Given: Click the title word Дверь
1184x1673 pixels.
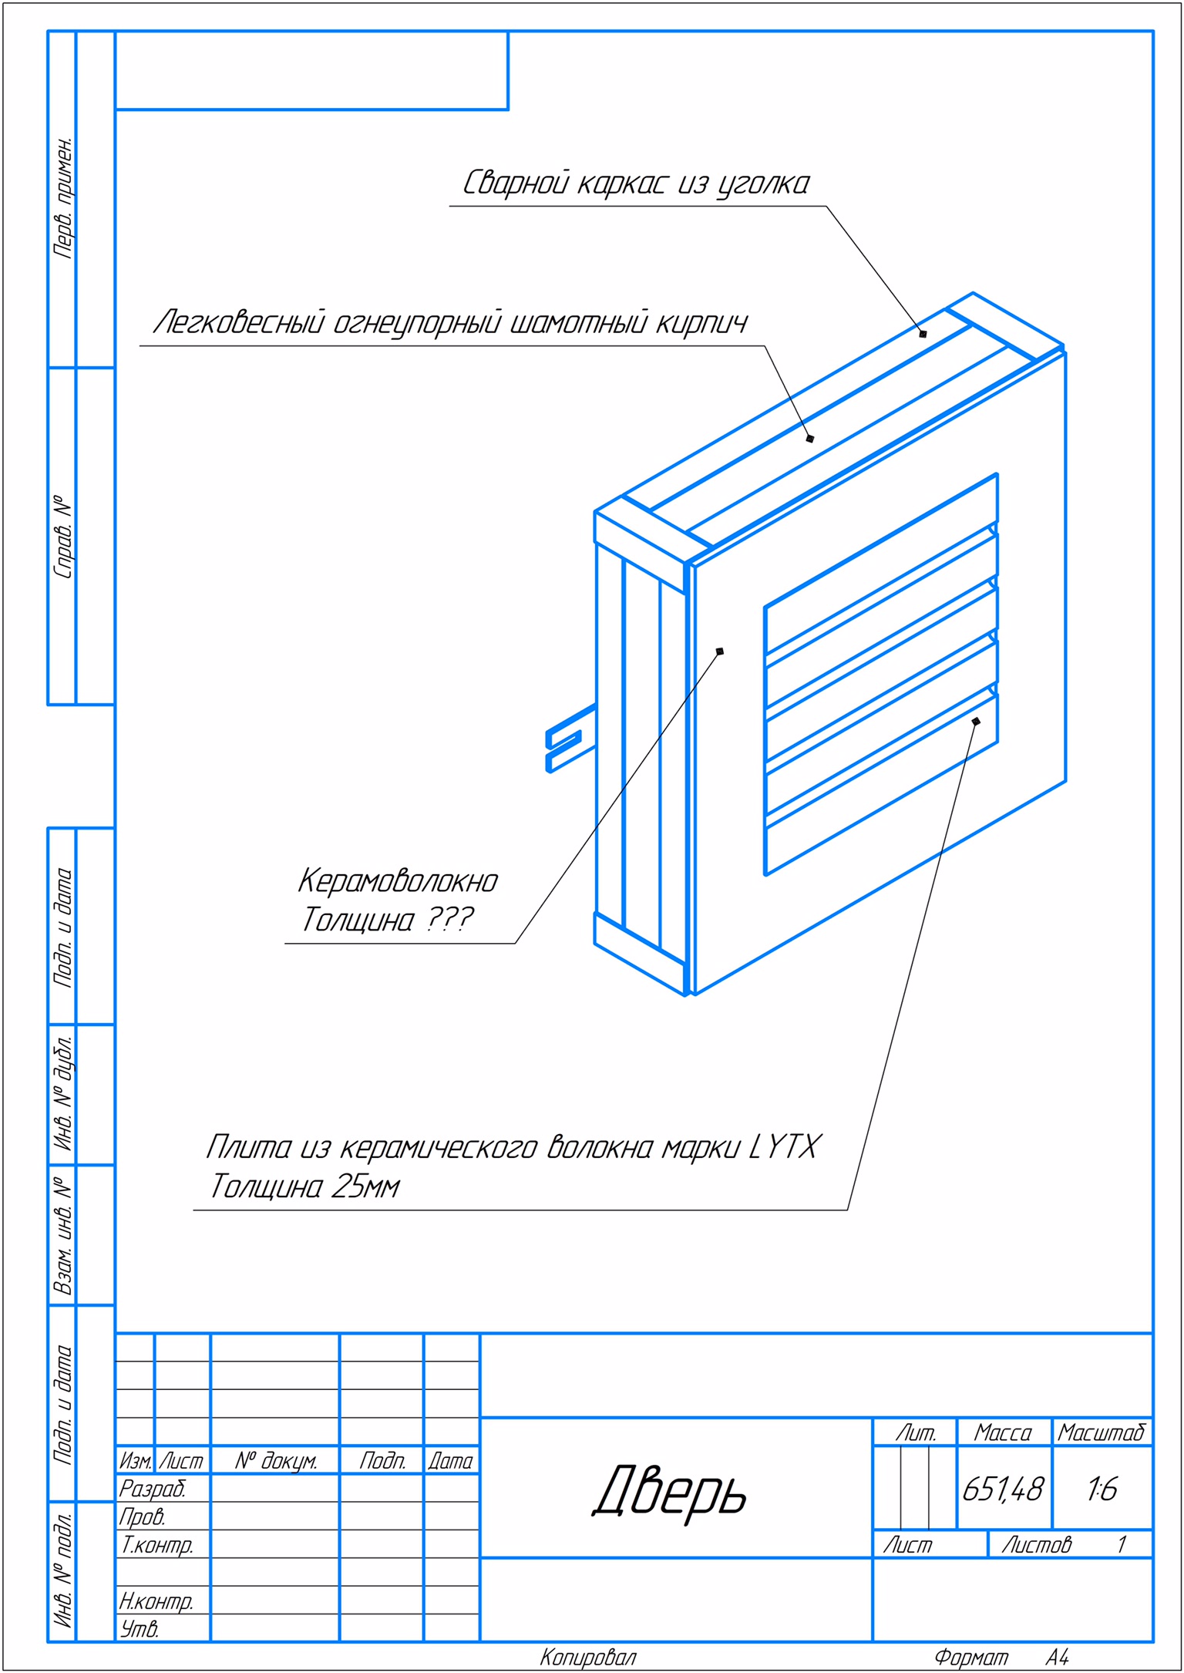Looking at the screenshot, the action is pyautogui.click(x=670, y=1489).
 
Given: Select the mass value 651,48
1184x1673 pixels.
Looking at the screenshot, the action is pyautogui.click(x=1003, y=1489).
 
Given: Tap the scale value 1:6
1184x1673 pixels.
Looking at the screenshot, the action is pyautogui.click(x=1102, y=1489).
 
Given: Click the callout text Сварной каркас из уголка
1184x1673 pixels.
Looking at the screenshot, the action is pyautogui.click(x=636, y=183).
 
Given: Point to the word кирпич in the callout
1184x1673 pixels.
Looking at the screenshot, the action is pyautogui.click(x=701, y=322).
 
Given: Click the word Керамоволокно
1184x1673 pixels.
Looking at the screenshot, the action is pyautogui.click(x=398, y=880).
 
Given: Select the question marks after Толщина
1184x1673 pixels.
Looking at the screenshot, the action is pyautogui.click(x=449, y=919).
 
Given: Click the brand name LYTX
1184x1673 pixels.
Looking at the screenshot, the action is pyautogui.click(x=785, y=1147).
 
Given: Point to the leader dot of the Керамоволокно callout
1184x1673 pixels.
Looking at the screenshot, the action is pyautogui.click(x=720, y=651).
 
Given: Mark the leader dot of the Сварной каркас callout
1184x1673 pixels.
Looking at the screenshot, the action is pyautogui.click(x=923, y=334).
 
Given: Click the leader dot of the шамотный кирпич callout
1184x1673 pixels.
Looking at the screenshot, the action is pyautogui.click(x=810, y=439).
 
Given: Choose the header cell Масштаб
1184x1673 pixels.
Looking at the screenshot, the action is pyautogui.click(x=1102, y=1432).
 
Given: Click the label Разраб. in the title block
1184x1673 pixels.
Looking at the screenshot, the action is pyautogui.click(x=152, y=1489).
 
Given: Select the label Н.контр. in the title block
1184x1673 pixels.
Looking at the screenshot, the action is pyautogui.click(x=156, y=1601).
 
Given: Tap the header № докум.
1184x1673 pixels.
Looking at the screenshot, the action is pyautogui.click(x=276, y=1461).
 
